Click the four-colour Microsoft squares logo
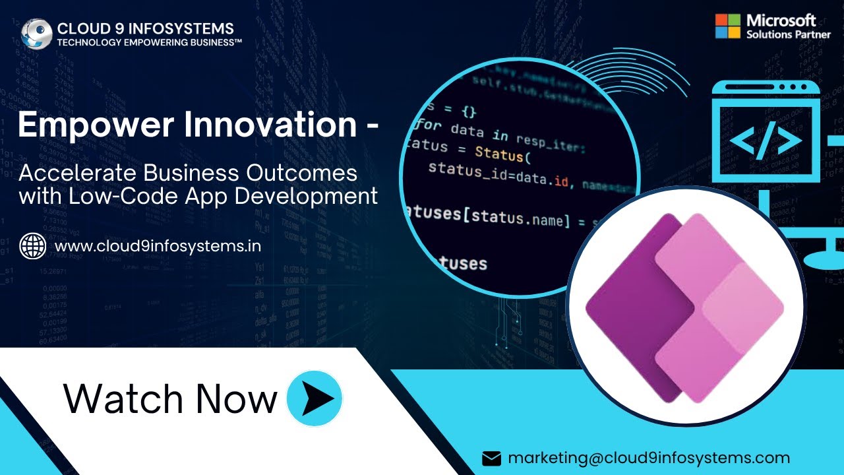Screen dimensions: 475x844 point(728,26)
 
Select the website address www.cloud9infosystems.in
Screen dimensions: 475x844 point(158,246)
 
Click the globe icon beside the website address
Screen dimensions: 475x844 point(33,246)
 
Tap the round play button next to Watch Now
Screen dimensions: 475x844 point(315,398)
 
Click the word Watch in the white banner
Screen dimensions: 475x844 point(124,398)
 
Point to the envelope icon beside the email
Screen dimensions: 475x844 point(492,459)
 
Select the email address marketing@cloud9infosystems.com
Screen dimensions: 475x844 point(649,458)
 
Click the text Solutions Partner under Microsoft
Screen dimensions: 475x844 point(789,34)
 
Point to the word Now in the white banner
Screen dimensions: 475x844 point(236,398)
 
